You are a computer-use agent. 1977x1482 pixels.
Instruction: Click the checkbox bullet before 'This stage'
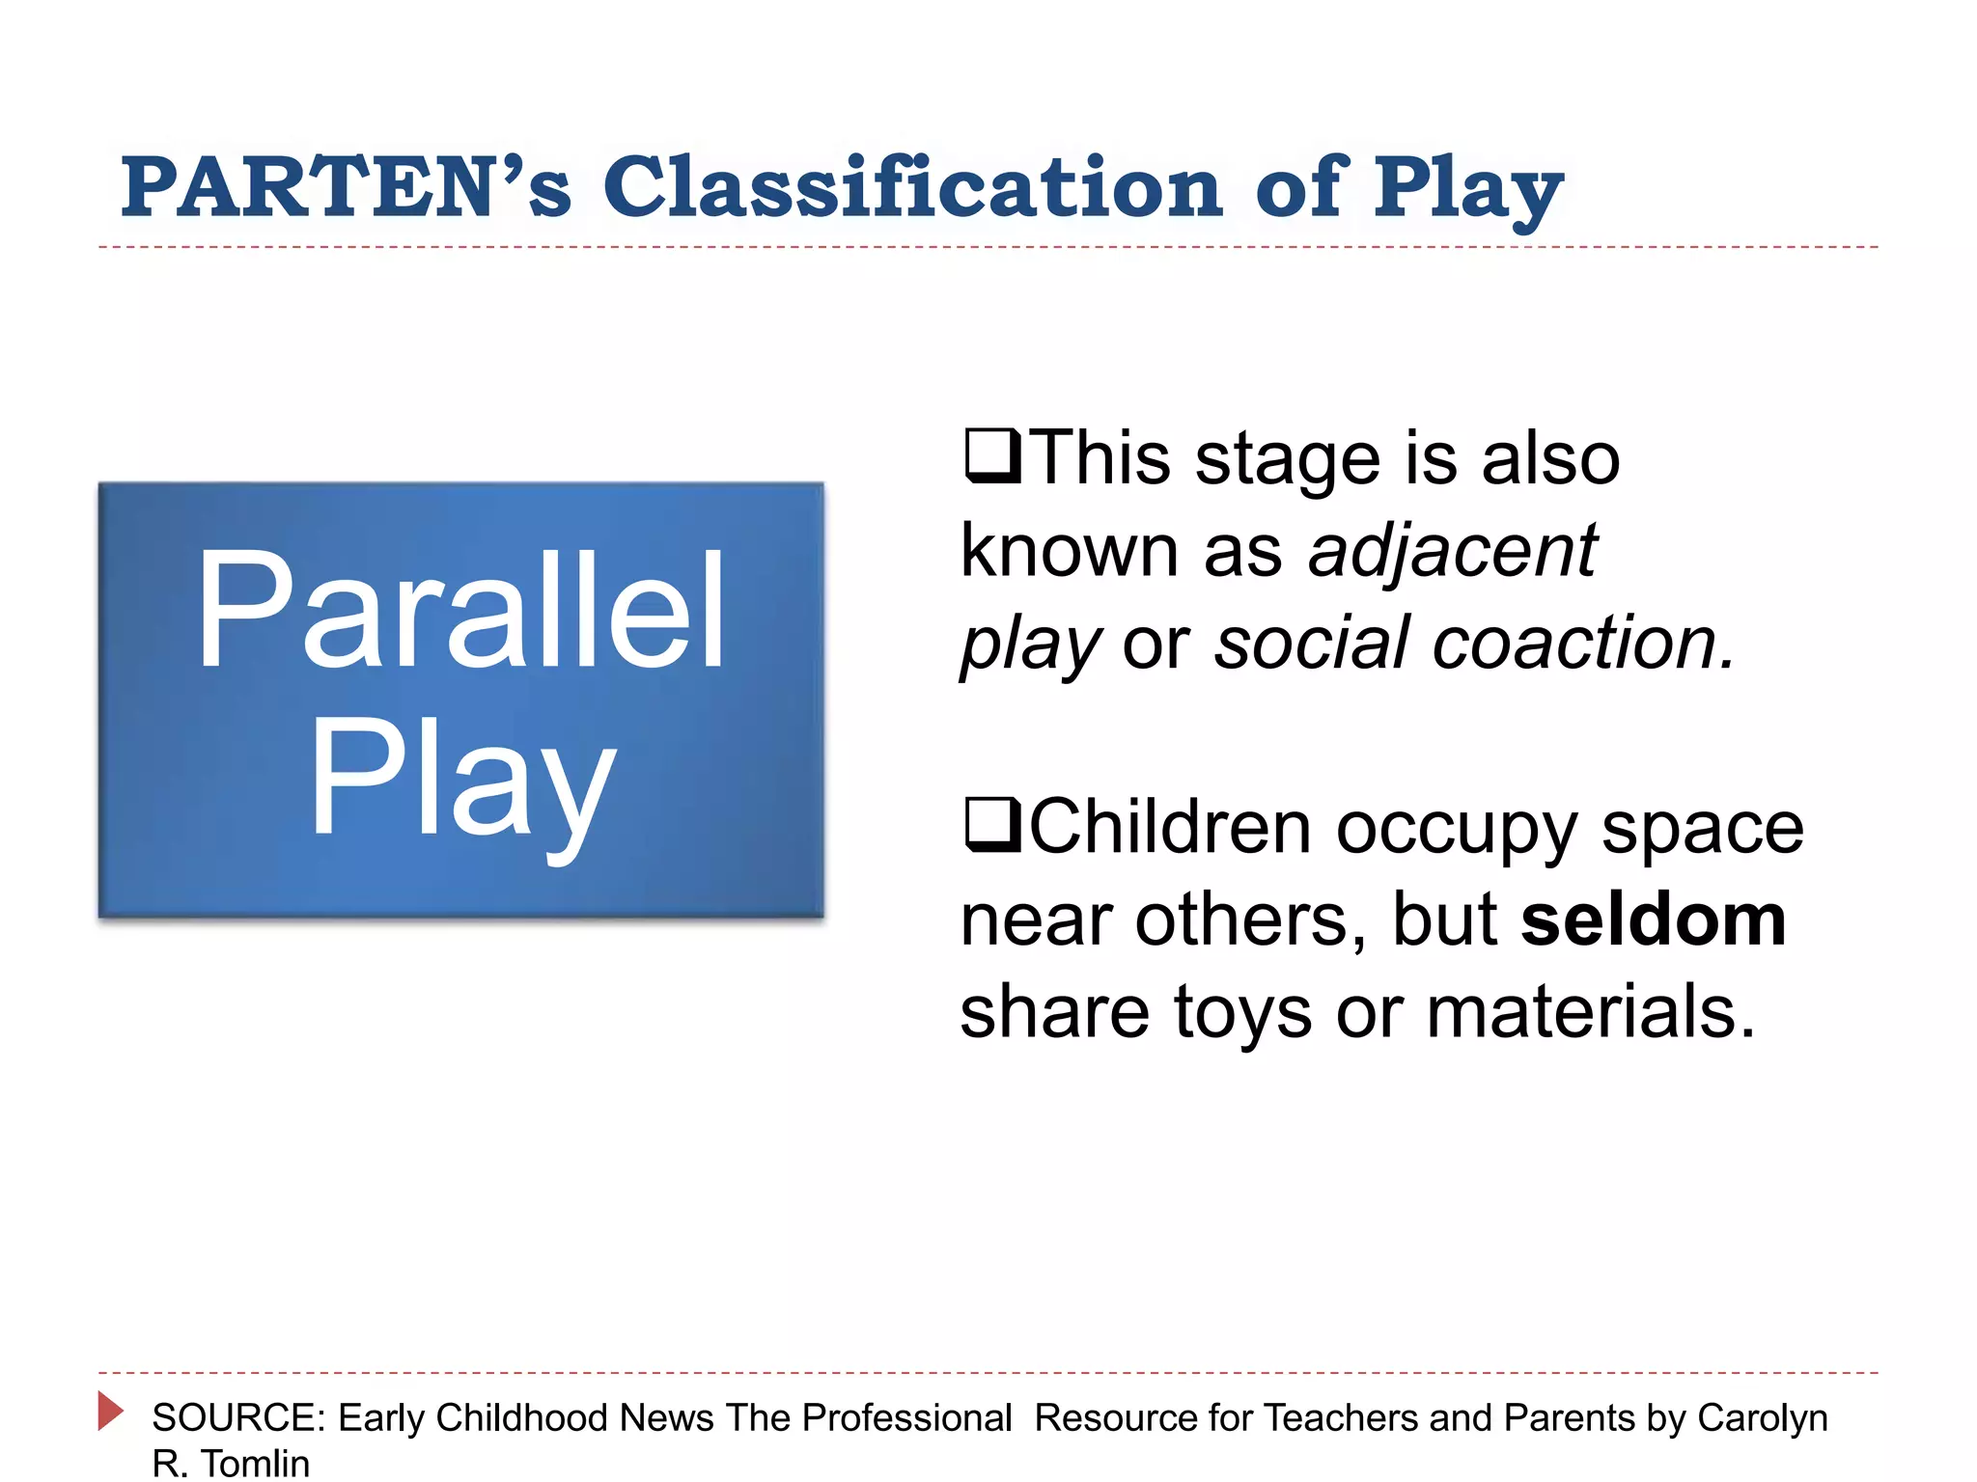click(x=991, y=456)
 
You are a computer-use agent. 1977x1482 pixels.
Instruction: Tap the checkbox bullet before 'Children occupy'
click(x=991, y=826)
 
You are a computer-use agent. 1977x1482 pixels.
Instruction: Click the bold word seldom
click(x=1653, y=919)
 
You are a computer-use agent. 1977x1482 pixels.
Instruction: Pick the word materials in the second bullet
click(x=1590, y=1012)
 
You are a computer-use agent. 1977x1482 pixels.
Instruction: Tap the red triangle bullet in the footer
click(x=110, y=1411)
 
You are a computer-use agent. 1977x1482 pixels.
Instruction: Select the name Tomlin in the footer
click(x=255, y=1464)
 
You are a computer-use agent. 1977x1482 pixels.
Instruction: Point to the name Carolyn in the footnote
click(x=1762, y=1418)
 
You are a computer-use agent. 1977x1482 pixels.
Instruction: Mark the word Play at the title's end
click(x=1467, y=188)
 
